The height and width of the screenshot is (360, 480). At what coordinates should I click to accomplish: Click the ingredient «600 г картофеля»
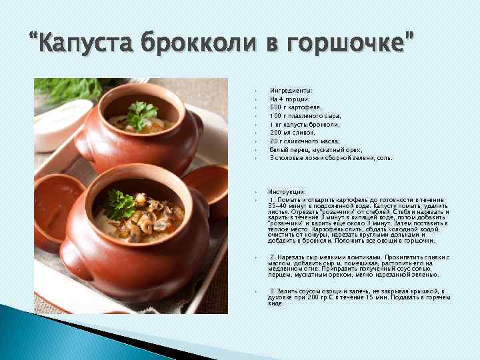pos(295,107)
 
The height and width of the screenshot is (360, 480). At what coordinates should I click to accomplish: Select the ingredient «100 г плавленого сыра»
pos(305,115)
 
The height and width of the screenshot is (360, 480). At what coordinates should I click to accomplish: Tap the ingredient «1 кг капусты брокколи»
pos(305,124)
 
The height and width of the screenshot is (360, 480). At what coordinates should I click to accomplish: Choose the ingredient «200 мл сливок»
pos(291,133)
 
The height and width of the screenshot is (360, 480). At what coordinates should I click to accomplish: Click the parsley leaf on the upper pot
pos(142,113)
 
